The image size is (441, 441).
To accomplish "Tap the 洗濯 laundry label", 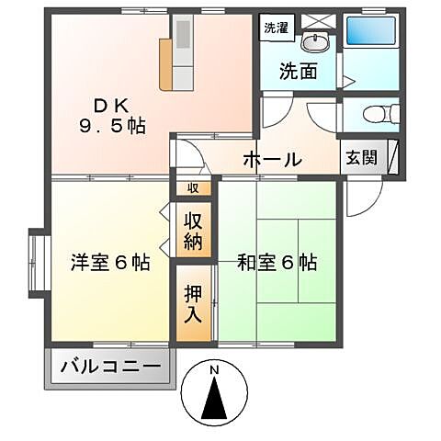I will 274,28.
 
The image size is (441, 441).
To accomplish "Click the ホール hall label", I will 272,159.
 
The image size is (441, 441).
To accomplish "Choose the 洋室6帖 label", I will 111,263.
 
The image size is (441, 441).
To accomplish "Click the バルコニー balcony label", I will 110,368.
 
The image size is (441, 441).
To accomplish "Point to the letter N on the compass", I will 214,370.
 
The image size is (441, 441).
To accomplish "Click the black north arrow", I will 215,403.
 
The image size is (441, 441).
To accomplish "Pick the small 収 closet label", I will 193,188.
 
